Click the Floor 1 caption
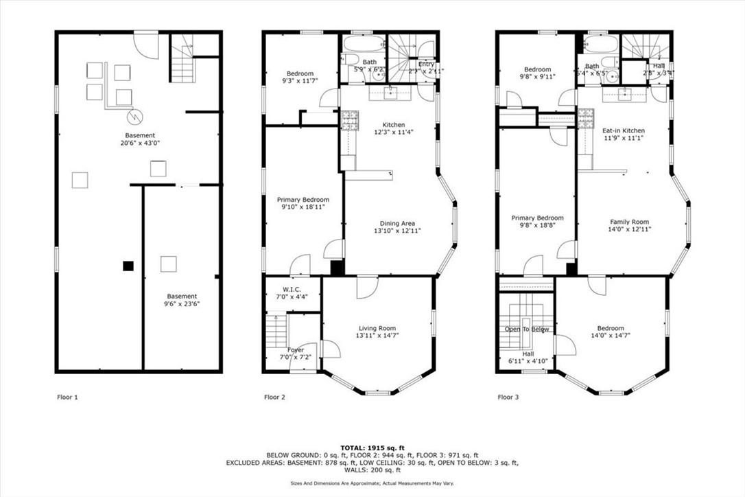point(67,397)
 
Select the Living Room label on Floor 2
point(377,328)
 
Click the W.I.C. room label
point(293,289)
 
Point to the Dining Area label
point(398,223)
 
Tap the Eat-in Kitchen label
point(623,130)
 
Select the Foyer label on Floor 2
point(296,350)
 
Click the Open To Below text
point(527,329)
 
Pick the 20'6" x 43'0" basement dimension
point(140,143)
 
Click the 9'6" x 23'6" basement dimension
point(182,304)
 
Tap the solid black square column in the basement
point(128,265)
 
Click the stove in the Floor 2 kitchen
point(349,120)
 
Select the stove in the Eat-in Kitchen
point(585,119)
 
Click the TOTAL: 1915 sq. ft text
point(372,448)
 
